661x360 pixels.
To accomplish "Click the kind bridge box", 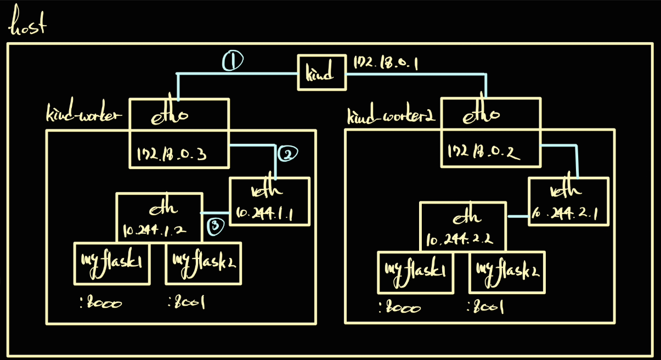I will click(321, 72).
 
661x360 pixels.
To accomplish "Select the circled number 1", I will click(233, 62).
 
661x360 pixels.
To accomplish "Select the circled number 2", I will click(287, 155).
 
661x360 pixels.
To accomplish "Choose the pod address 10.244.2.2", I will click(461, 239).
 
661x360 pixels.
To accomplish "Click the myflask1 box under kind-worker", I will click(112, 263).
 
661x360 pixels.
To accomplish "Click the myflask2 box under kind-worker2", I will click(507, 272).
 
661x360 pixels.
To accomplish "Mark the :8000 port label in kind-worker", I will click(101, 302).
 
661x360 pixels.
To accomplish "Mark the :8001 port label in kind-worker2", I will click(485, 308).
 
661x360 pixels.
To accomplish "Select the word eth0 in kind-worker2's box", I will click(481, 116).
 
